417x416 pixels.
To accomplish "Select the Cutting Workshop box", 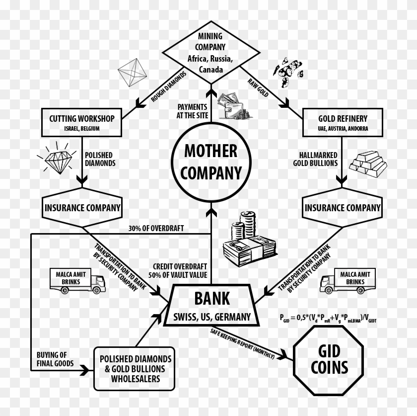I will (82, 122).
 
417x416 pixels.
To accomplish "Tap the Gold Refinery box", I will (343, 122).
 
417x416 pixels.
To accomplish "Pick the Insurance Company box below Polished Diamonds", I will (82, 207).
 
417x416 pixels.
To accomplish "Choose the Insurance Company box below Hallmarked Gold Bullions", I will (343, 207).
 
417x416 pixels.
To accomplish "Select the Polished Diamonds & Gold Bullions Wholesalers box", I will (135, 368).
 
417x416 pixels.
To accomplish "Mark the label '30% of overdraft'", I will (156, 228).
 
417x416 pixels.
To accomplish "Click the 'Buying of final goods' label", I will (55, 359).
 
